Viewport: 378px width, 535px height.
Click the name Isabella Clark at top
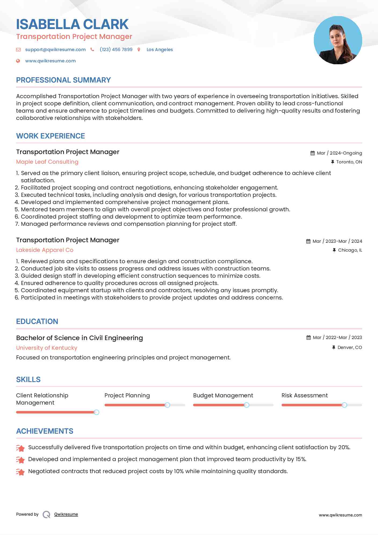coord(72,24)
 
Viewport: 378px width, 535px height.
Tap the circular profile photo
coord(338,40)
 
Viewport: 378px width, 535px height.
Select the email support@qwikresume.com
coord(55,49)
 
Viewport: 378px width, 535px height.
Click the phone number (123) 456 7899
coord(116,49)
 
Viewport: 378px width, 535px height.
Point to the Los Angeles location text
coord(160,49)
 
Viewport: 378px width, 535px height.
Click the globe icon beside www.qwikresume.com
coord(18,61)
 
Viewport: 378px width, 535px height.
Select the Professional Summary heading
coord(63,80)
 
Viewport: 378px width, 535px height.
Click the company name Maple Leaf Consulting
coord(47,162)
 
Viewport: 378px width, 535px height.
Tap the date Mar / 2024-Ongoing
coord(339,153)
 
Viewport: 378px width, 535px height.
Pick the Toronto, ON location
coord(349,162)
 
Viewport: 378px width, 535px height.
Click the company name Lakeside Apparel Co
coord(45,250)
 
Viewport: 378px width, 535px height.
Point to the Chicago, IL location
coord(350,250)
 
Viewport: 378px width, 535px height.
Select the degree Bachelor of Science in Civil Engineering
coord(80,338)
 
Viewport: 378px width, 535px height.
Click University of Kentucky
coord(47,348)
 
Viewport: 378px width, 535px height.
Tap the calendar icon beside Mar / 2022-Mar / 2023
coord(308,337)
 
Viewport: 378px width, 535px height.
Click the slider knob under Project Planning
coord(167,405)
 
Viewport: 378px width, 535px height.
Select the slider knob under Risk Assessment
coord(344,405)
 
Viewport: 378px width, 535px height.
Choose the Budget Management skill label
coord(223,395)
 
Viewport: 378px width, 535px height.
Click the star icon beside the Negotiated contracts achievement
coord(20,472)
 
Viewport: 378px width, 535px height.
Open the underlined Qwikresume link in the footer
coord(66,514)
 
